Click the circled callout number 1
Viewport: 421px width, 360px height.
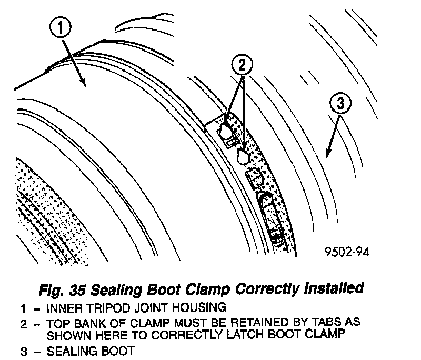pyautogui.click(x=62, y=28)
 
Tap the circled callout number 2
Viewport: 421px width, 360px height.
pyautogui.click(x=242, y=65)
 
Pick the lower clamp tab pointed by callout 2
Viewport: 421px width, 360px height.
pyautogui.click(x=243, y=155)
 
